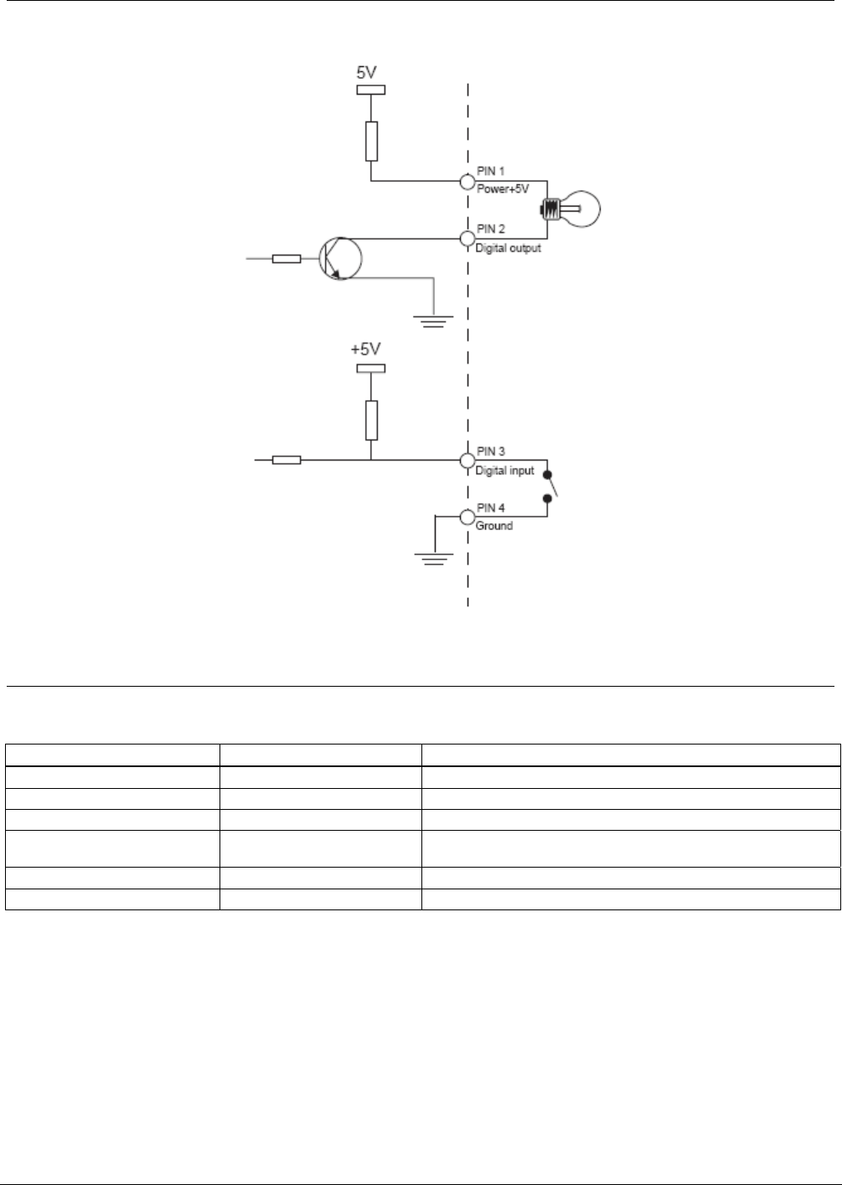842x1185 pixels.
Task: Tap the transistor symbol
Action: coord(340,258)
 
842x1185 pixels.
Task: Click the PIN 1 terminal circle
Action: coord(467,182)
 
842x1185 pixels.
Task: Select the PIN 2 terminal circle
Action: coord(467,238)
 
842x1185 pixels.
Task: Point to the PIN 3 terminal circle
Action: coord(467,460)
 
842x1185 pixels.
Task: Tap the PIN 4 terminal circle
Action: coord(467,516)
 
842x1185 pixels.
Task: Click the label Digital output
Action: coord(508,249)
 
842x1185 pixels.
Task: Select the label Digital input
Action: coord(504,471)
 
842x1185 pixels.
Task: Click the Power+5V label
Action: coord(503,189)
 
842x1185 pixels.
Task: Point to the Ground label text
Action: coord(494,526)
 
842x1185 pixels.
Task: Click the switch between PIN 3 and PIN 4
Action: coord(550,487)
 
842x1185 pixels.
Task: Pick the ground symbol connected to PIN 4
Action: coord(433,558)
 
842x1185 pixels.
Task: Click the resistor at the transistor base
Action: coord(287,259)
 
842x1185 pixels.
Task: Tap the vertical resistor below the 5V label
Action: coord(371,141)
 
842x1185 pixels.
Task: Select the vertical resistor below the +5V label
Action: coord(371,420)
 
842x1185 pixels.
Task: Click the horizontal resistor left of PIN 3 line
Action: coord(287,460)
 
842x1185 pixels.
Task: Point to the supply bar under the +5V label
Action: coord(370,368)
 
